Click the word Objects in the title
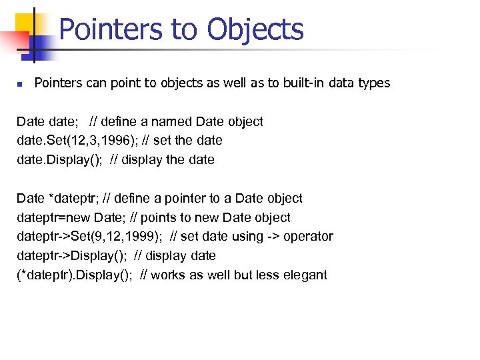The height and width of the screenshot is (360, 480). (x=255, y=29)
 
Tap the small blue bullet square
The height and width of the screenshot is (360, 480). (x=19, y=84)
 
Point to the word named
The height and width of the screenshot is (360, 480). (x=175, y=121)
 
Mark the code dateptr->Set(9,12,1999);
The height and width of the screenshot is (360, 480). (x=89, y=237)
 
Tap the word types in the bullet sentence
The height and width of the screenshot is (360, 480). (x=375, y=83)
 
